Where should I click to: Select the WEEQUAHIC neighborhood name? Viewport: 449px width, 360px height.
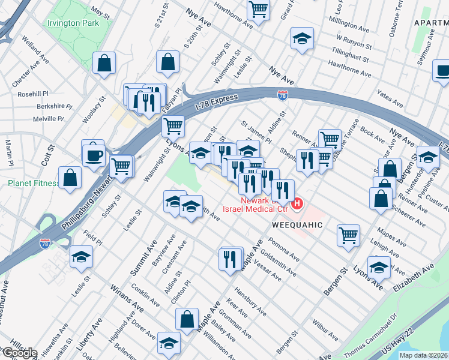[x=298, y=224]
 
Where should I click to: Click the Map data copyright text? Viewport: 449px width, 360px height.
[x=424, y=355]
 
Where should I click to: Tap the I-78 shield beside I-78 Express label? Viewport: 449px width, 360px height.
[x=283, y=95]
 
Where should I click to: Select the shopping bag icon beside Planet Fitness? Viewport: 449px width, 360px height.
[x=70, y=178]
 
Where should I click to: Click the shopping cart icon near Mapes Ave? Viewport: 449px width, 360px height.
[x=348, y=235]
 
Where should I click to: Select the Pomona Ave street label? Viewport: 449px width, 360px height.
[x=284, y=248]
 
